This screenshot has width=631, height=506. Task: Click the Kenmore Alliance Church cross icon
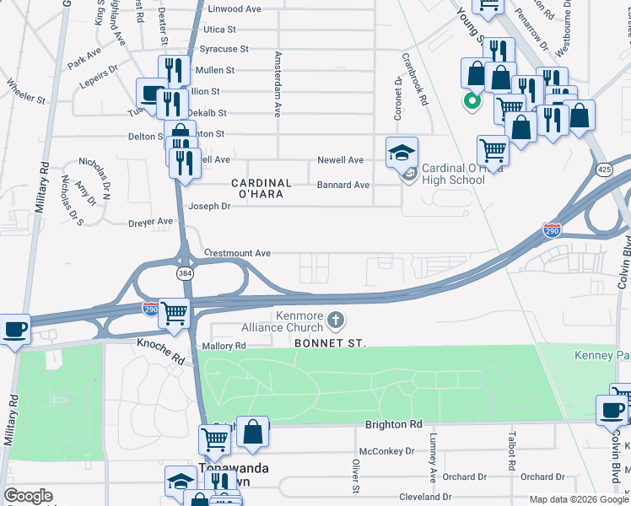pyautogui.click(x=336, y=319)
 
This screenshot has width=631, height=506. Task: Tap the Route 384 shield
pyautogui.click(x=184, y=273)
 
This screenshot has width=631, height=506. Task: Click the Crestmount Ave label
pyautogui.click(x=237, y=253)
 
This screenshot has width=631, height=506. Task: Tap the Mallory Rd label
pyautogui.click(x=224, y=346)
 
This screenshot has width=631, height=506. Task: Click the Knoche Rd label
pyautogui.click(x=160, y=346)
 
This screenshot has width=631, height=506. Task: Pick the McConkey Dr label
pyautogui.click(x=387, y=451)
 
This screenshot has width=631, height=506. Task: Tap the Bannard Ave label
pyautogui.click(x=343, y=185)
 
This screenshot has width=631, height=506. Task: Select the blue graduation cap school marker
pyautogui.click(x=402, y=153)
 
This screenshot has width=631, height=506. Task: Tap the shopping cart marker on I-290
pyautogui.click(x=174, y=313)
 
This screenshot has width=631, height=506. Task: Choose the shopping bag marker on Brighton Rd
pyautogui.click(x=252, y=432)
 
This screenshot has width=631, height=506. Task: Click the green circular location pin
pyautogui.click(x=472, y=102)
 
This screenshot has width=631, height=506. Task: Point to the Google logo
pyautogui.click(x=29, y=496)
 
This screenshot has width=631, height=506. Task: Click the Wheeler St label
pyautogui.click(x=25, y=92)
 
